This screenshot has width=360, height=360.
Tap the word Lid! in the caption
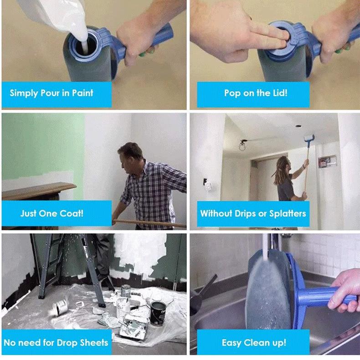[280, 93]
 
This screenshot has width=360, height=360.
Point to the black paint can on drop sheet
[158, 313]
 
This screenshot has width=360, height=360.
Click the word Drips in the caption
[245, 214]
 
